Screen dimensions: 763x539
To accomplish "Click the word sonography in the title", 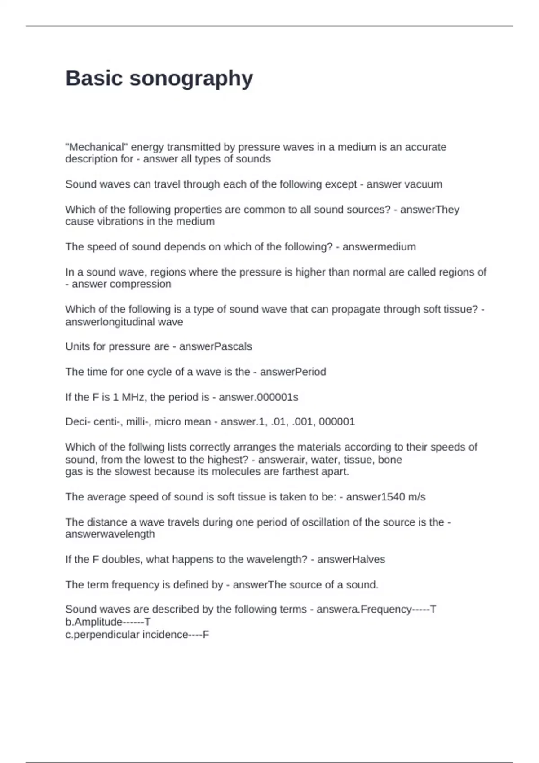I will pyautogui.click(x=191, y=79).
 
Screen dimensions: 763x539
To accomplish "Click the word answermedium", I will pyautogui.click(x=379, y=247).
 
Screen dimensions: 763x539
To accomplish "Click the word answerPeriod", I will pyautogui.click(x=293, y=372).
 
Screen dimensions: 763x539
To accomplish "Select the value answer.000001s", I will pyautogui.click(x=259, y=397).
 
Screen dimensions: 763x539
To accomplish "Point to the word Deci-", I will pyautogui.click(x=78, y=422).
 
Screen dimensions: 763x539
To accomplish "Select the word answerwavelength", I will pyautogui.click(x=110, y=534).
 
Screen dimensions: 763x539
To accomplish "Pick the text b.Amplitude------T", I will pyautogui.click(x=108, y=622).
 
